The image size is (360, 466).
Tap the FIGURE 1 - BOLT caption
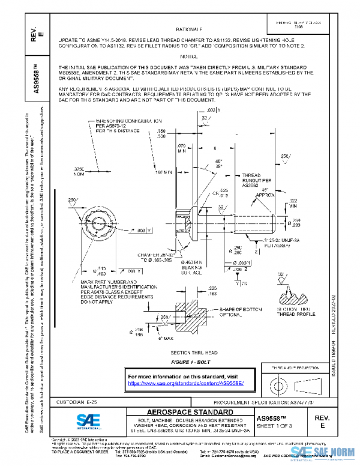(x=189, y=363)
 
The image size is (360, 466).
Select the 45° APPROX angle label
(x=266, y=193)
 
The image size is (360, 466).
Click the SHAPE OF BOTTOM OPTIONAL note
(x=241, y=312)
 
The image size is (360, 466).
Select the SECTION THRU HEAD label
(x=189, y=352)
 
